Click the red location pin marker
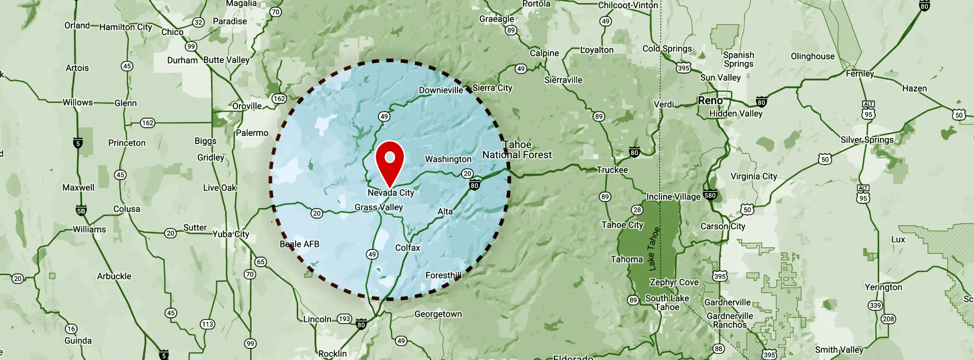(390, 161)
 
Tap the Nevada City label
(391, 193)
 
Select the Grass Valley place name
(378, 207)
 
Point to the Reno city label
(710, 100)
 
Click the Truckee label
(612, 170)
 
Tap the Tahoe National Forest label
(517, 150)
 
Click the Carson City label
(722, 226)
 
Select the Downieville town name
(440, 90)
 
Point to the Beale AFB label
(299, 244)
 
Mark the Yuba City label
(231, 234)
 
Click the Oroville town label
(247, 106)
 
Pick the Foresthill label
(443, 275)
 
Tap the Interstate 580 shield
(710, 195)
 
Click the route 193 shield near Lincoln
(344, 319)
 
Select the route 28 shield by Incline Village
(637, 210)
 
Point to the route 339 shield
(875, 305)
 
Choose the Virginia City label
(753, 176)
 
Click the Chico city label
(172, 32)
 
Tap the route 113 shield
(207, 324)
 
